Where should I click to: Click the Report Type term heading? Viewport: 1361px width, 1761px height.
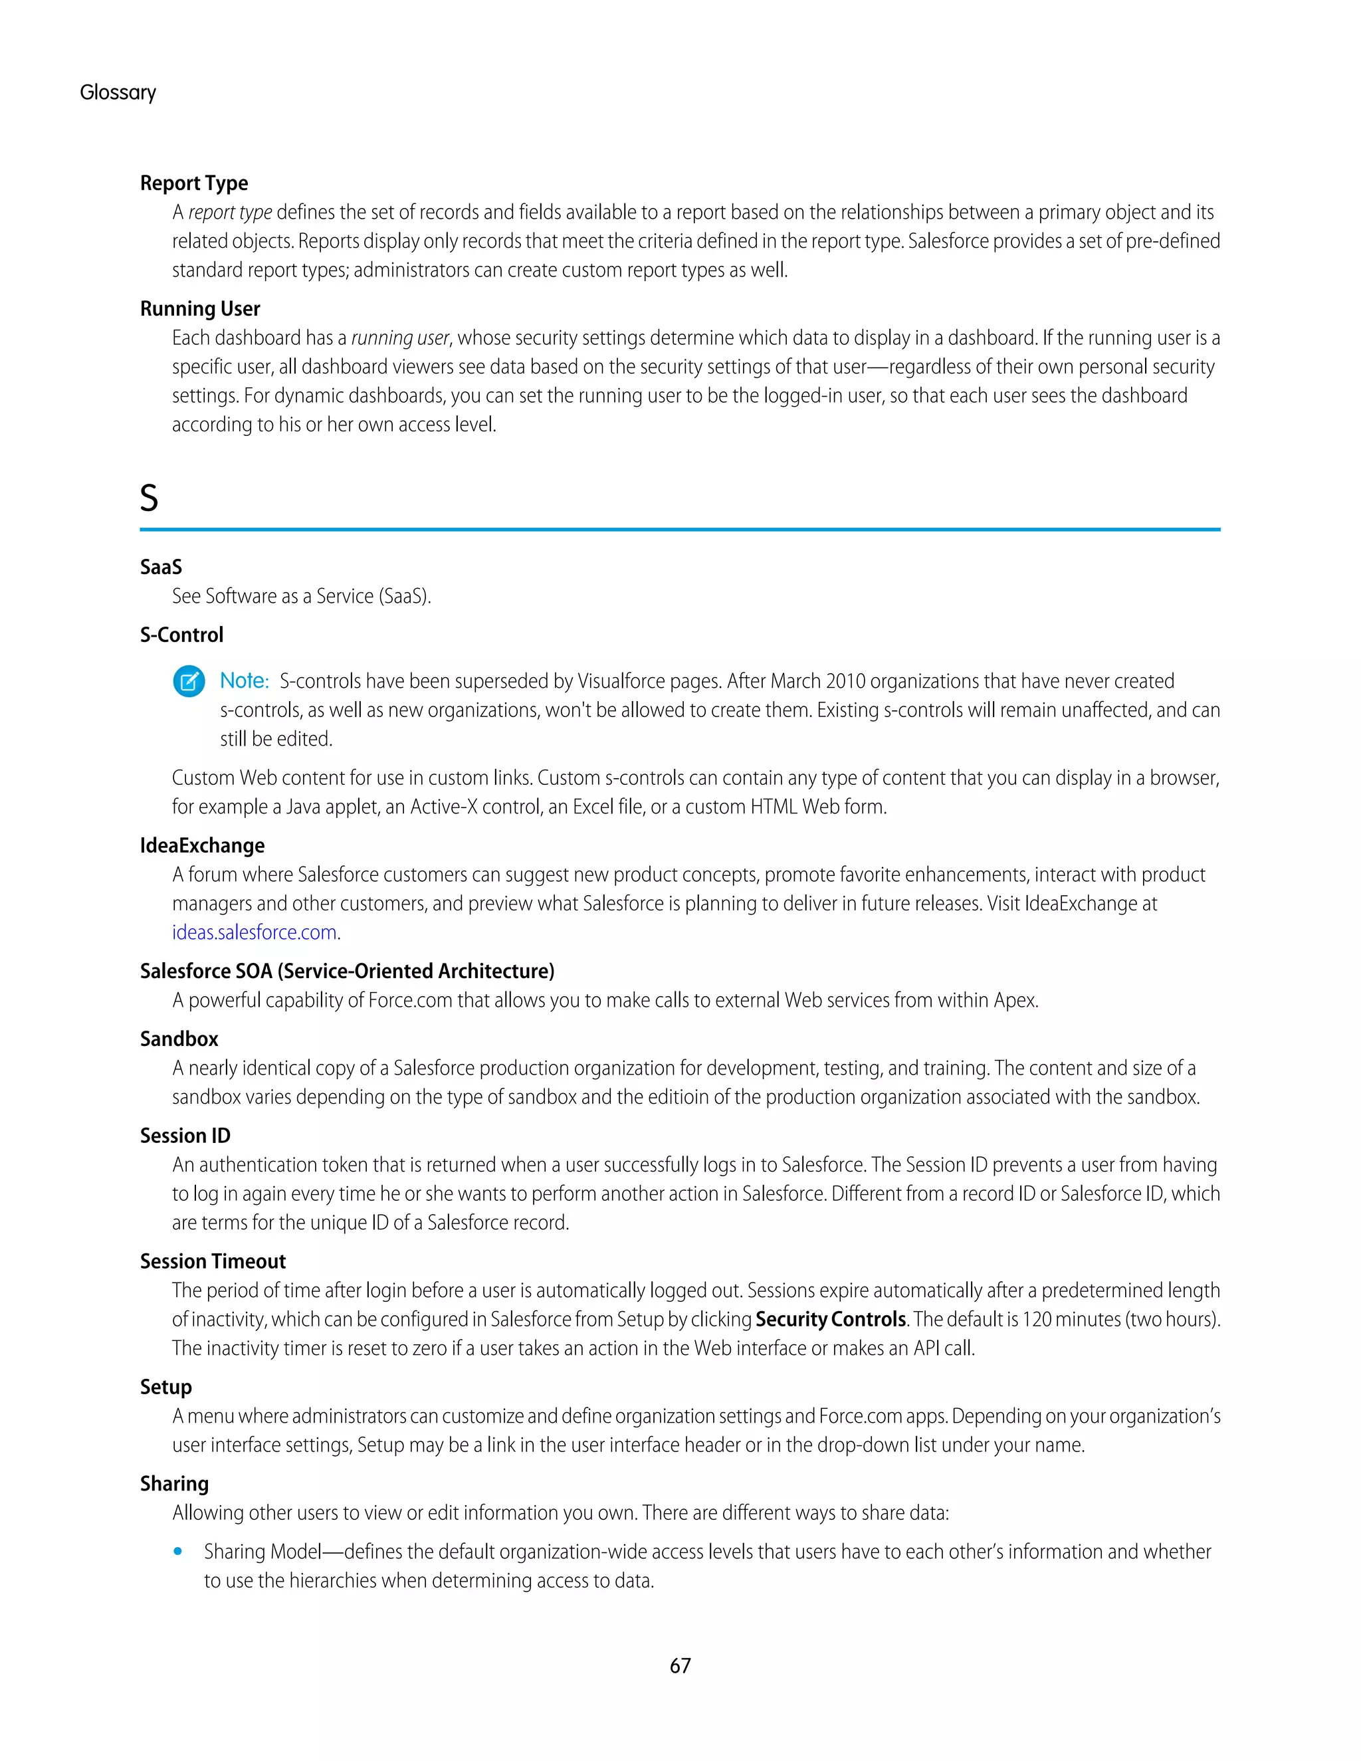point(193,183)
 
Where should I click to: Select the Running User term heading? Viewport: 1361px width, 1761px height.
point(200,309)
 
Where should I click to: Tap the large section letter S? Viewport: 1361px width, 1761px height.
point(149,498)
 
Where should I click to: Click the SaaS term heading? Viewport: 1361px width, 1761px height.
point(161,567)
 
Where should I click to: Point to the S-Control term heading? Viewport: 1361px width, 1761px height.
point(181,635)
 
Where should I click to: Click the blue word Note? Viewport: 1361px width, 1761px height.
point(245,680)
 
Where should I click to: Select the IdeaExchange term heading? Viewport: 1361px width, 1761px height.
point(203,845)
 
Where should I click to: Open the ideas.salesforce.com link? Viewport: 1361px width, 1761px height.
point(254,932)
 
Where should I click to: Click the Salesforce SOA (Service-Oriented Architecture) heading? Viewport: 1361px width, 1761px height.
point(347,971)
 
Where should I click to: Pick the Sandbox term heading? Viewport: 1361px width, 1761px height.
point(179,1039)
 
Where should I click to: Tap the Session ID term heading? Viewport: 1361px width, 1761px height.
point(185,1135)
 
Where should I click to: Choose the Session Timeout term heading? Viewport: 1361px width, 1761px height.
point(213,1261)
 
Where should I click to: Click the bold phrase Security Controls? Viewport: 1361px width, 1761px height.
point(831,1319)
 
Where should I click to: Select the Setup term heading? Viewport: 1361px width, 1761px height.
point(166,1387)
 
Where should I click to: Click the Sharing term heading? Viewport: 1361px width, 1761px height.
point(174,1484)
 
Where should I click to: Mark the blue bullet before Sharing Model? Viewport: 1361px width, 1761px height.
point(178,1552)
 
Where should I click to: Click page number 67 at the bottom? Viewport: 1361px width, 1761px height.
point(680,1666)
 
